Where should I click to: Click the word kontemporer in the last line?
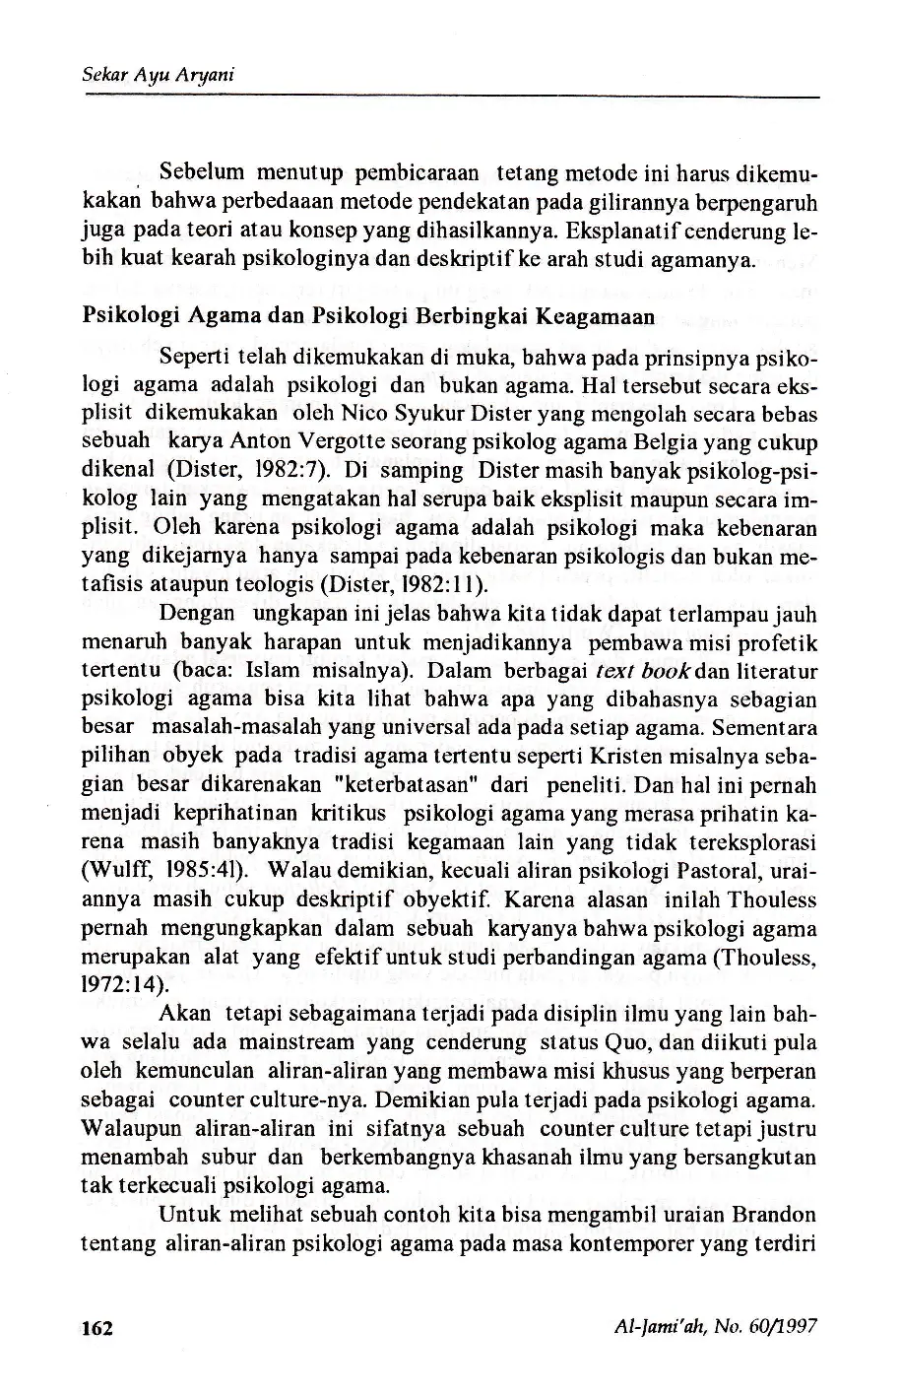[629, 1242]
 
